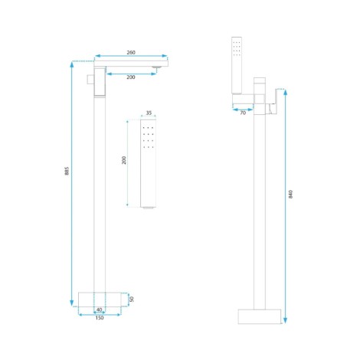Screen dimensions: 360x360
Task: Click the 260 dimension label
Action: pos(131,52)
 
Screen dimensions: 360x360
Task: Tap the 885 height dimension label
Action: pos(67,171)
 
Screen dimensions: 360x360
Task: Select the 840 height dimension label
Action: pos(291,194)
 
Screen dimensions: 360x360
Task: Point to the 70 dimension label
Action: pos(243,113)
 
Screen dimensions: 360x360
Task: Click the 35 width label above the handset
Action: pos(149,113)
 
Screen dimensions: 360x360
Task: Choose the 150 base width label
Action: pos(100,318)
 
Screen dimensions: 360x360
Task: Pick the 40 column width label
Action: pos(100,309)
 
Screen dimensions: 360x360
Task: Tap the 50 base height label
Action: pos(132,299)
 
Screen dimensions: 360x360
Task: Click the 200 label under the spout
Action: pos(131,77)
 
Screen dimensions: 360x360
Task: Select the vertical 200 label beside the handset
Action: pos(124,160)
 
